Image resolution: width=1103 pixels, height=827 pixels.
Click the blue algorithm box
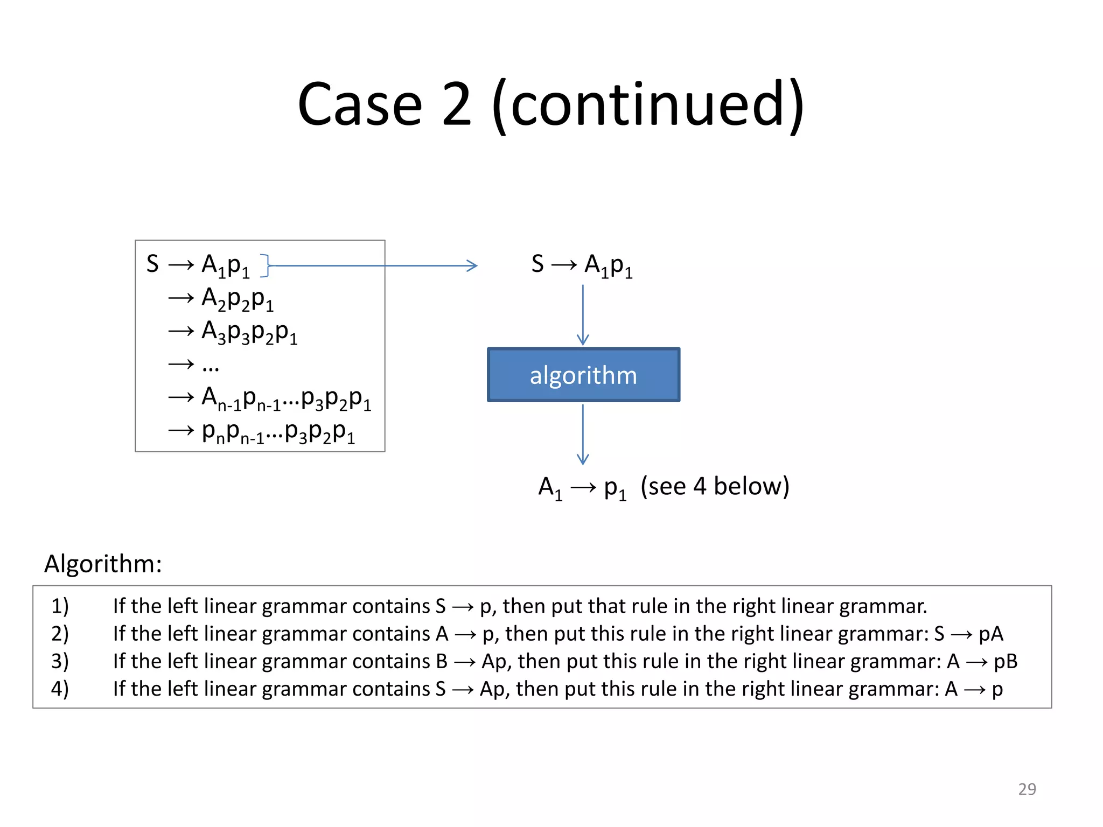click(x=583, y=375)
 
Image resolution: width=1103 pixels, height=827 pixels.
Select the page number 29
click(x=1027, y=789)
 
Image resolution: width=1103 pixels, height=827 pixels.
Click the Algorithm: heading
click(x=103, y=564)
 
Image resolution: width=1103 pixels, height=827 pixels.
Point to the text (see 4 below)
click(x=715, y=486)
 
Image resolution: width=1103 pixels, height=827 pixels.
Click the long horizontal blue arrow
click(x=372, y=265)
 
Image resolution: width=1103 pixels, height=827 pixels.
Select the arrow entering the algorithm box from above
click(x=583, y=315)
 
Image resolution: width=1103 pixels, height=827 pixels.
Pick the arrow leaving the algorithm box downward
click(x=583, y=434)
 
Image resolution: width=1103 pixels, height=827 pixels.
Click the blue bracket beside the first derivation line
click(x=264, y=265)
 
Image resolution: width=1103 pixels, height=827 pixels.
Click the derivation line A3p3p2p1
click(x=249, y=332)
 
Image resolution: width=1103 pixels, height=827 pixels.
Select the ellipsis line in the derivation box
click(x=210, y=366)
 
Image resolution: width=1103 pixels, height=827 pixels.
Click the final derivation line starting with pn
click(x=277, y=432)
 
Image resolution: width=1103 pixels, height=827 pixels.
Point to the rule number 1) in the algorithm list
click(x=60, y=606)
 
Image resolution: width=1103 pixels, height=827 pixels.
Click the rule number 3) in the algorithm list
click(x=60, y=661)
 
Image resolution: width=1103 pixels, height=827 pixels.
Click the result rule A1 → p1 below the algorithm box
click(x=583, y=487)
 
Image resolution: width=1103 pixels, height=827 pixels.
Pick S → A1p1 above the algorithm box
click(x=582, y=265)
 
